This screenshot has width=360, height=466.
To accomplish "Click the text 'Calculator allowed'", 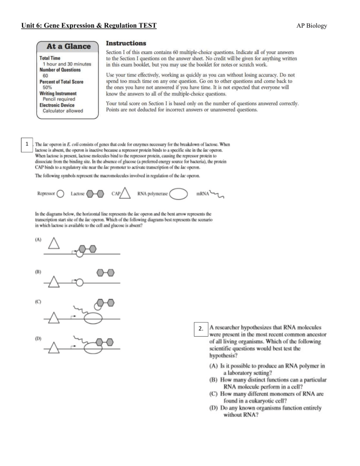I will point(63,111).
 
